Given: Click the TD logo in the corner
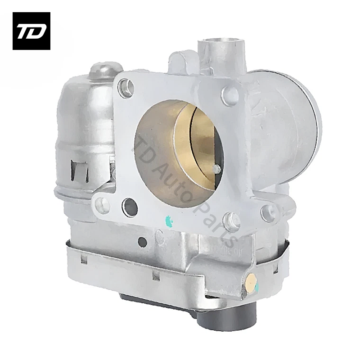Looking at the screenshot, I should (31, 31).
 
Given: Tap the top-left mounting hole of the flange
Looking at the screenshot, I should (126, 87).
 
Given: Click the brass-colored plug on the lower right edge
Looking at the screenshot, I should (251, 283).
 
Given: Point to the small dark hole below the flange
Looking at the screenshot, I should (142, 242).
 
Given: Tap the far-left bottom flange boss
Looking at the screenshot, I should (102, 205).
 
